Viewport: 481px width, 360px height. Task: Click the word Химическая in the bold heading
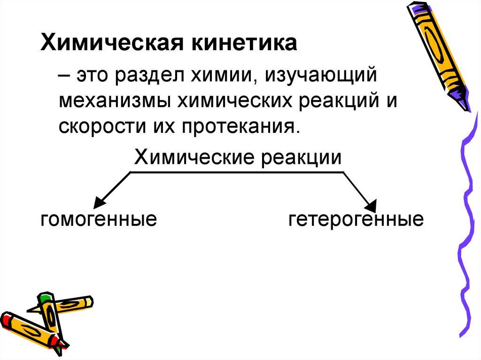(x=109, y=45)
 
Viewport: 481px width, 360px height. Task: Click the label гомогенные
(x=99, y=219)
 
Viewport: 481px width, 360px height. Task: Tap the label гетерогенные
(x=356, y=219)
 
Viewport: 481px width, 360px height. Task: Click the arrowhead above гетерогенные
(x=372, y=205)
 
